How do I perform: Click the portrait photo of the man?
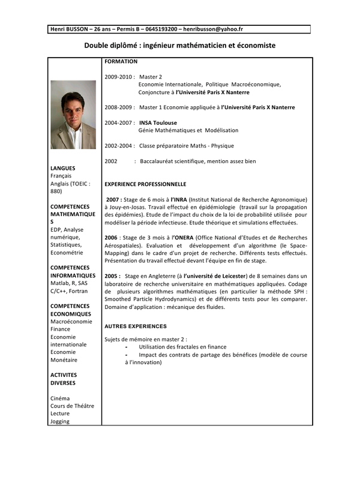pos(73,115)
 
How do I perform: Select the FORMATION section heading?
pos(121,61)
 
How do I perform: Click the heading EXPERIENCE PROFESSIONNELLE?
pos(145,184)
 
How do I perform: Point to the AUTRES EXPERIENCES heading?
pos(136,326)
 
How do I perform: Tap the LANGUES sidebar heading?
pos(63,167)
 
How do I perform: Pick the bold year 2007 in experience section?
pos(114,199)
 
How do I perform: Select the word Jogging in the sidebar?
pos(60,421)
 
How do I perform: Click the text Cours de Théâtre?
pos(72,406)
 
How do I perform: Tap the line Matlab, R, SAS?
pos(70,283)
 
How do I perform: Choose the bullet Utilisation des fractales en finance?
pos(182,347)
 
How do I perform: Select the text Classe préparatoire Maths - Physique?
pos(187,146)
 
